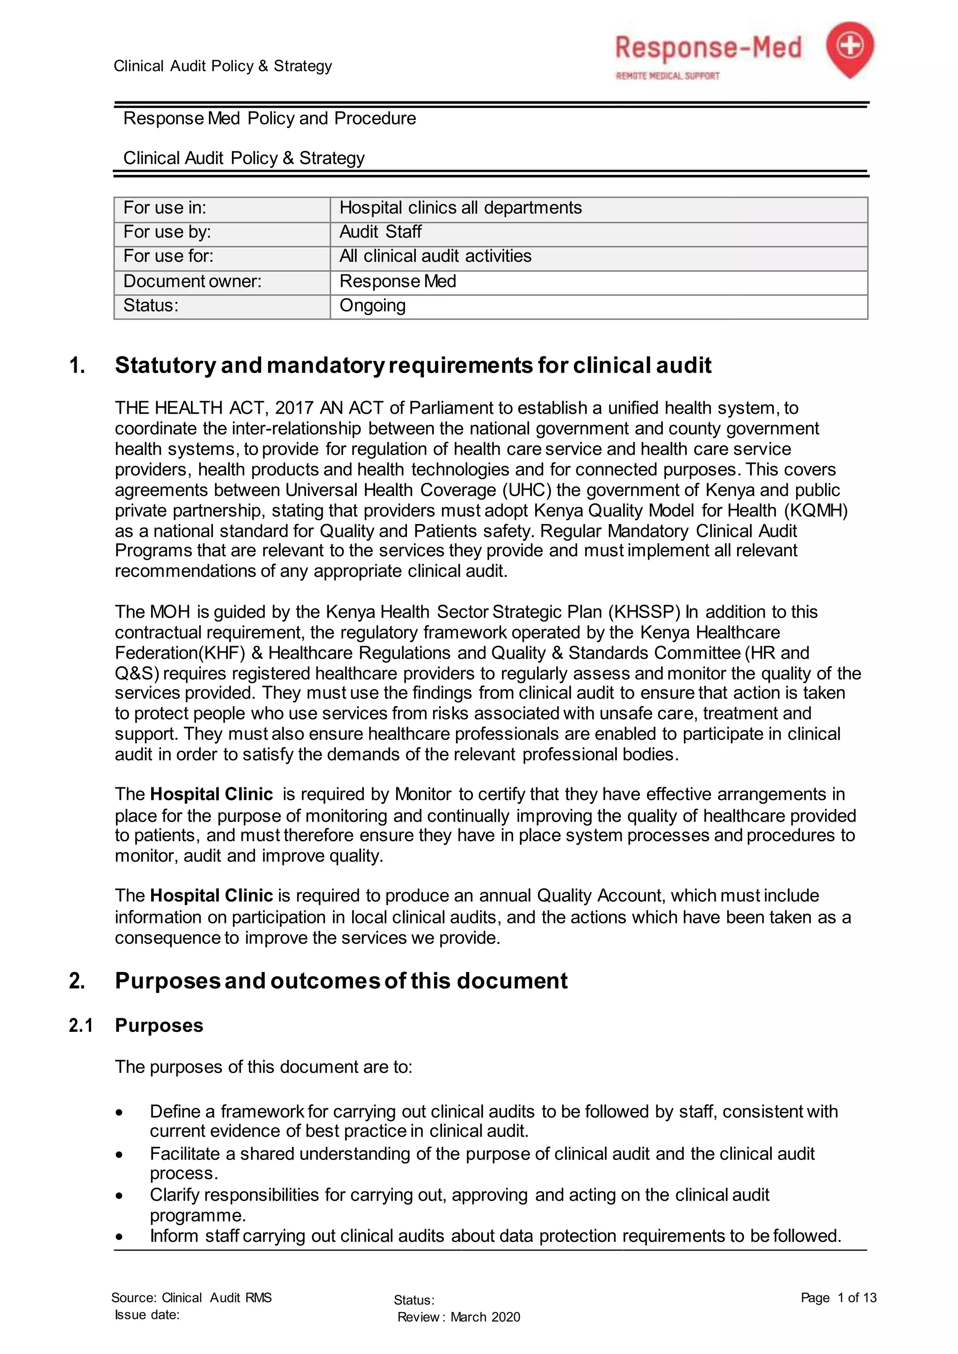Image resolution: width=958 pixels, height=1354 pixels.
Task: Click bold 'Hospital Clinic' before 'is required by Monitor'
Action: click(x=211, y=794)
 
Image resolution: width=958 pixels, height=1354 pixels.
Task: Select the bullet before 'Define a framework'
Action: click(x=120, y=1113)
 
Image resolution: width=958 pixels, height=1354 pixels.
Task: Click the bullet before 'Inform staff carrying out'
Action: click(x=120, y=1237)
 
